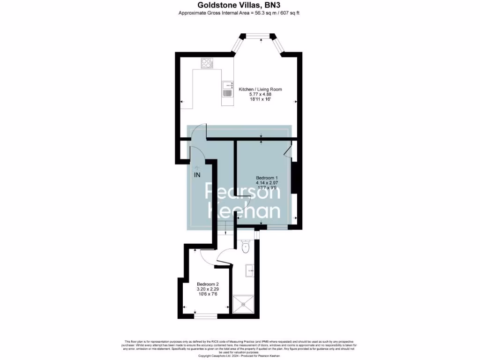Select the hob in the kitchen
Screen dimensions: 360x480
(207, 63)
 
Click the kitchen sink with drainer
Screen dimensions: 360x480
(227, 89)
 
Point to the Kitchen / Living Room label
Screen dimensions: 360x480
(260, 89)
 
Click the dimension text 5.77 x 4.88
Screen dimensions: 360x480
(260, 94)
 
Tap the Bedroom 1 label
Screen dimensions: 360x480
(267, 178)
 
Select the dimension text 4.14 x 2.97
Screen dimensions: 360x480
(267, 183)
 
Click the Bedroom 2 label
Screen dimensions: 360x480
(207, 284)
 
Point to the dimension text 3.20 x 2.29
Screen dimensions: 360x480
(207, 289)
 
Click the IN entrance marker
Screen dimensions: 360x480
(197, 175)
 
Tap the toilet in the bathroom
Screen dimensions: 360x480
(246, 246)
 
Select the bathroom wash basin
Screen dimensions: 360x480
(250, 270)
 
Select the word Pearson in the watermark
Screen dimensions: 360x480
(244, 192)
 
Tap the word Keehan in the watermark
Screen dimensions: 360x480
(244, 211)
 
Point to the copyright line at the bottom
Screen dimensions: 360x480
(240, 355)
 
